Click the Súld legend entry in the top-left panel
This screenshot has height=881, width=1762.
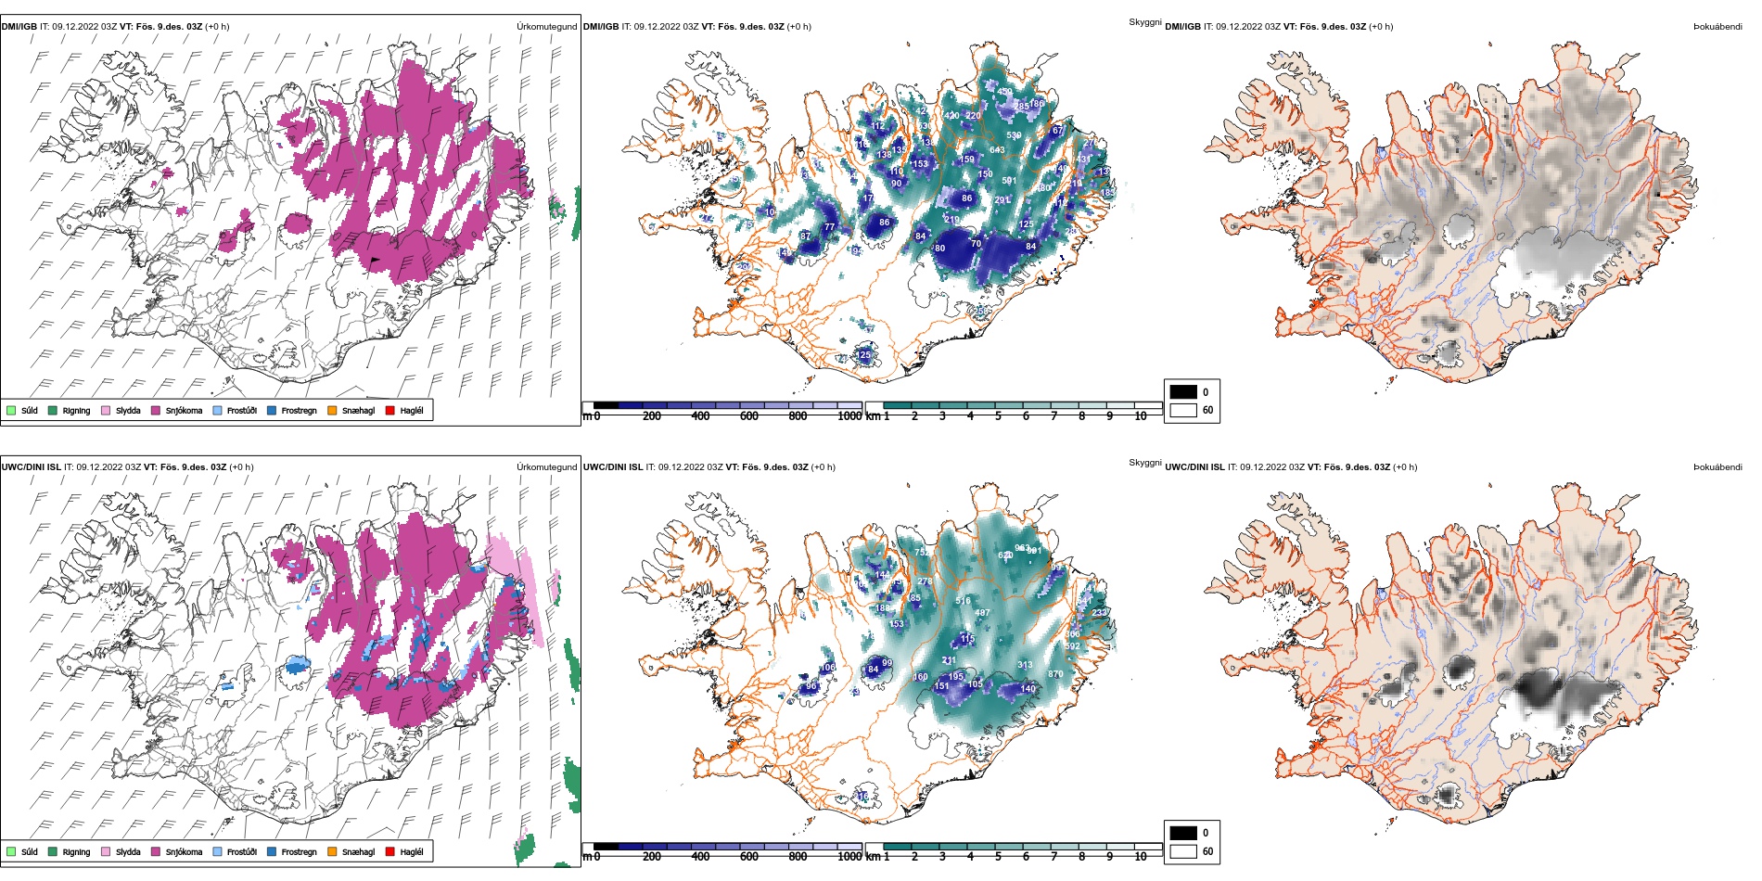29,411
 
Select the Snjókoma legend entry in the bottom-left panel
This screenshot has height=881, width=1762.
183,852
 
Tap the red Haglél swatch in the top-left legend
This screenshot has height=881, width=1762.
390,411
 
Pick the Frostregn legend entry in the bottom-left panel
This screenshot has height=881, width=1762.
298,852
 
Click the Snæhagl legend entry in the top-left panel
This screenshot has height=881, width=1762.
357,411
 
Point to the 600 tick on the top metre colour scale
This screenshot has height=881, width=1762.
749,416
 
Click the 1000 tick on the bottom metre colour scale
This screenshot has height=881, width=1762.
849,857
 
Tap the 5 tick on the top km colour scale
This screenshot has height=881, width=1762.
998,416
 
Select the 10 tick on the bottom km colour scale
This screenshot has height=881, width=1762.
1141,857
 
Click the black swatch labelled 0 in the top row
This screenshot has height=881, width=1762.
1183,392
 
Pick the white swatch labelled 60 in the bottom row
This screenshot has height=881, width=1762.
1183,851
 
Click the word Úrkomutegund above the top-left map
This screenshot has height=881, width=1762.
546,27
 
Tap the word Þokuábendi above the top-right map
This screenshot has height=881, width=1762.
1717,27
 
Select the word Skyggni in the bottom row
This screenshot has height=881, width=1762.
1144,463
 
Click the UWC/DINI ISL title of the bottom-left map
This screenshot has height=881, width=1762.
31,467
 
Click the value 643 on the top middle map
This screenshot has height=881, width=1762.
997,150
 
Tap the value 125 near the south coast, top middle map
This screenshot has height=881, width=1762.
863,355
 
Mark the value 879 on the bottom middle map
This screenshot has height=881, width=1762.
1055,674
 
